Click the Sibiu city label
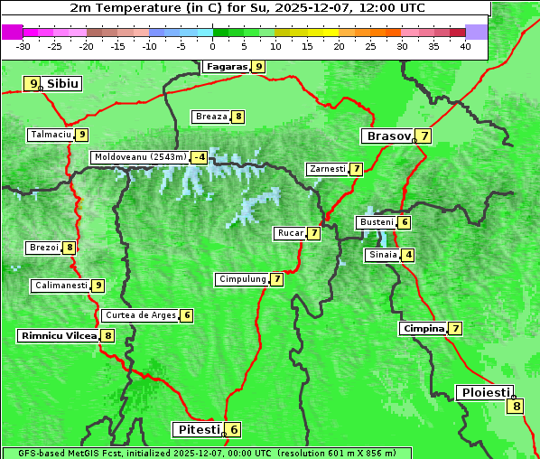coord(63,84)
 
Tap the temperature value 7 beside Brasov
coord(424,136)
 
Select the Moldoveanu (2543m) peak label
coord(140,157)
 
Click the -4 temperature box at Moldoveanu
coord(199,157)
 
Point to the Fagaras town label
coord(226,66)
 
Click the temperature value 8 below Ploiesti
coord(517,406)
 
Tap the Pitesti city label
coord(197,429)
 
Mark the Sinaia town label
coord(382,255)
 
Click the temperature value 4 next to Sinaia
coord(409,255)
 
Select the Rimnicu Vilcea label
coord(58,335)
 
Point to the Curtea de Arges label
coord(139,315)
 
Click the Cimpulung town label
coord(242,279)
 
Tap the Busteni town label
coord(376,222)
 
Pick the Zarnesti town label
coord(327,169)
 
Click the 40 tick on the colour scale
coord(465,46)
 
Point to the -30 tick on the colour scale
coord(23,46)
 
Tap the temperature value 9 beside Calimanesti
coord(98,286)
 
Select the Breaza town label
coord(211,117)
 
